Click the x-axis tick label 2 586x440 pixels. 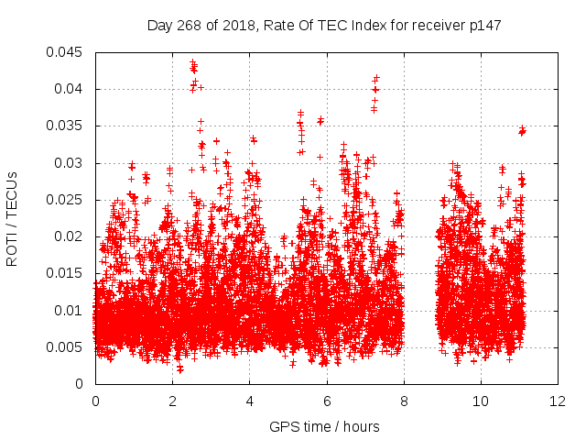click(x=172, y=401)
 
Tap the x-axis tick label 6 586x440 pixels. click(x=327, y=401)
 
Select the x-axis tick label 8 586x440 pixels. click(x=404, y=401)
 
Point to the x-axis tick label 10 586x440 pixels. click(x=481, y=401)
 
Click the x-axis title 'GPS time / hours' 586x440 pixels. click(x=324, y=426)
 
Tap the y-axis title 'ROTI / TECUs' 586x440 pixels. click(x=13, y=218)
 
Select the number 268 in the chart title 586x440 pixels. click(x=190, y=25)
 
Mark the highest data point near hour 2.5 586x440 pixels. click(x=192, y=62)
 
